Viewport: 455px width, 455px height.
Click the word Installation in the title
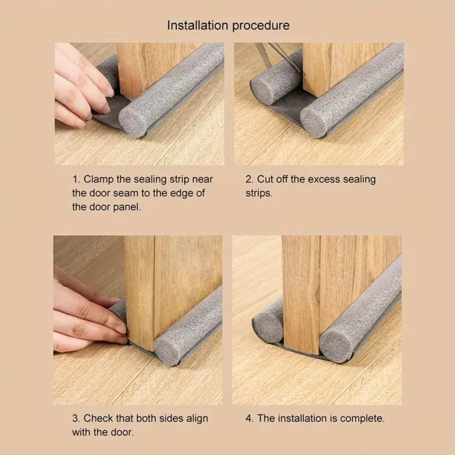click(x=196, y=25)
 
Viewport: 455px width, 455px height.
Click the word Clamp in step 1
click(x=98, y=180)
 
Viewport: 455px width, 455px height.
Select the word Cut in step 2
click(x=265, y=180)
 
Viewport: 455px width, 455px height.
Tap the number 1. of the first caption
click(x=76, y=180)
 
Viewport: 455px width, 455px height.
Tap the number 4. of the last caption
click(x=249, y=418)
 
